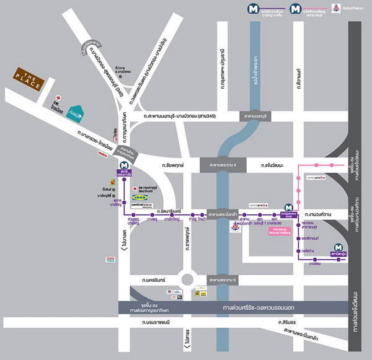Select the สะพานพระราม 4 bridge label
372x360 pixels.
coord(223,165)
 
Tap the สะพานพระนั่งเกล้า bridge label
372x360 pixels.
coord(223,212)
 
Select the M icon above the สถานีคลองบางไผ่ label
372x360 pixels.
coord(124,166)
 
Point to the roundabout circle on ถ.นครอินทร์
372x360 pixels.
coord(188,278)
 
